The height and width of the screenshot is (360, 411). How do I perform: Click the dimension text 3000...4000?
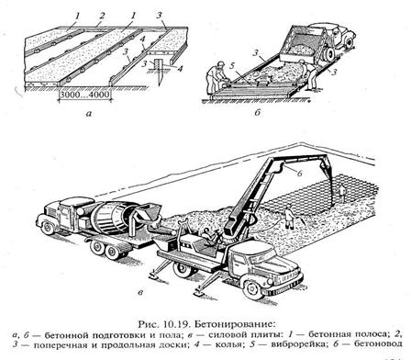pyautogui.click(x=84, y=95)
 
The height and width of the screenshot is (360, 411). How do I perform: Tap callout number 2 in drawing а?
pyautogui.click(x=102, y=16)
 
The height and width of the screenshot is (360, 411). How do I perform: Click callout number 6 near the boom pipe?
pyautogui.click(x=300, y=174)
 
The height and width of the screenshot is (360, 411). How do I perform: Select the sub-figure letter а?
pyautogui.click(x=89, y=114)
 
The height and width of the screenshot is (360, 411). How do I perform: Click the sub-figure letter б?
pyautogui.click(x=257, y=112)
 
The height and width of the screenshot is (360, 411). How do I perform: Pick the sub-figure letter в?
pyautogui.click(x=140, y=293)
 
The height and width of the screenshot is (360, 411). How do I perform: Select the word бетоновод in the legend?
pyautogui.click(x=378, y=343)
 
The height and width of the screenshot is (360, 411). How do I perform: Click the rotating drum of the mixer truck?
pyautogui.click(x=113, y=219)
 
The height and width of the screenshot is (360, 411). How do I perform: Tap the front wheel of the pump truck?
pyautogui.click(x=253, y=288)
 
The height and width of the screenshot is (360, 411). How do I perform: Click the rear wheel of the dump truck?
pyautogui.click(x=329, y=54)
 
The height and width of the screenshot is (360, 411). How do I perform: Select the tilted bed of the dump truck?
pyautogui.click(x=298, y=42)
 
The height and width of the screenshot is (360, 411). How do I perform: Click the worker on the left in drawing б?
pyautogui.click(x=217, y=77)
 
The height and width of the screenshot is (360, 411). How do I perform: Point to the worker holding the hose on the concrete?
pyautogui.click(x=289, y=218)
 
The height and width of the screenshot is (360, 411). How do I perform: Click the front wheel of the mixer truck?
pyautogui.click(x=49, y=228)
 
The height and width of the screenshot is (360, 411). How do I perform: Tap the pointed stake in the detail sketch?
pyautogui.click(x=158, y=72)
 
